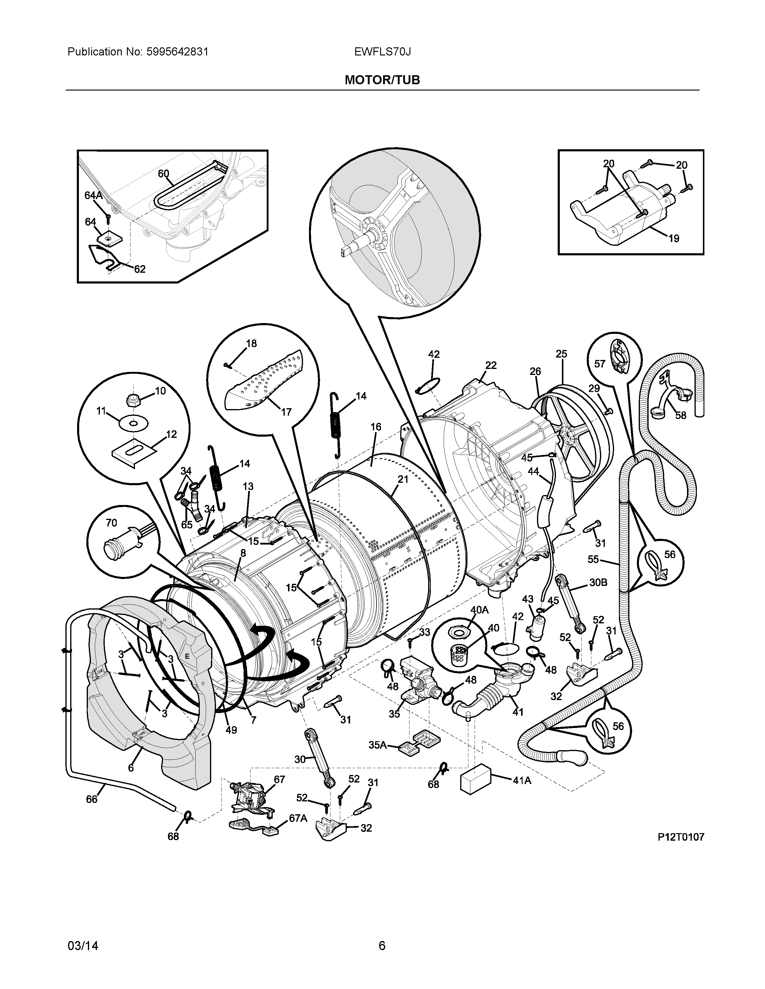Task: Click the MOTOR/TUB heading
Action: [x=382, y=80]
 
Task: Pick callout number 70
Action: [x=111, y=523]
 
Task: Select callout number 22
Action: [x=491, y=365]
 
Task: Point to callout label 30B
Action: [x=598, y=582]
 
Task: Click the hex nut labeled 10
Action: [x=133, y=400]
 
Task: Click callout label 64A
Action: [x=93, y=195]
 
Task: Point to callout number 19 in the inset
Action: [x=673, y=238]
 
